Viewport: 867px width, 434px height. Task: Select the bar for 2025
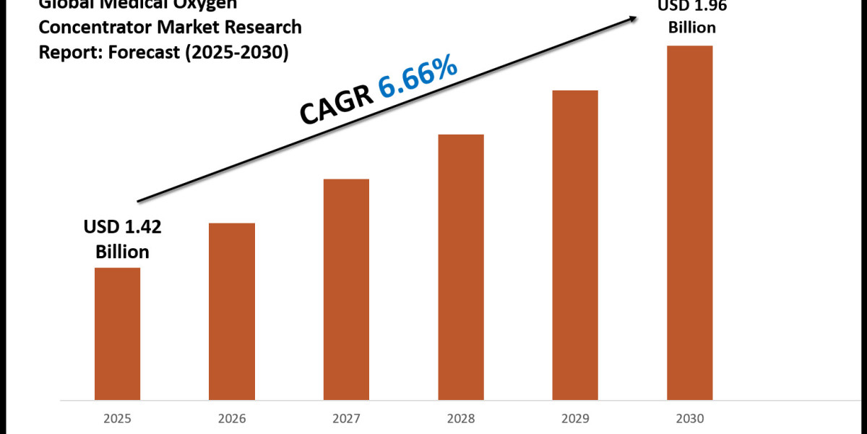pos(118,333)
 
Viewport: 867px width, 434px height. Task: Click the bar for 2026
pos(232,311)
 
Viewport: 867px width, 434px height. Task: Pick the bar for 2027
pos(346,289)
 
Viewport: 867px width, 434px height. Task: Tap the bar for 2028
pos(461,267)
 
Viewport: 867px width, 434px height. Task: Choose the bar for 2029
pos(575,245)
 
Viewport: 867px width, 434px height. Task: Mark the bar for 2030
pos(690,223)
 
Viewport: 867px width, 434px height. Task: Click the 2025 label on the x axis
pos(118,418)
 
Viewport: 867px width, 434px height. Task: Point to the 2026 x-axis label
pos(232,418)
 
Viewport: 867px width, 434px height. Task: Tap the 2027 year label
pos(346,418)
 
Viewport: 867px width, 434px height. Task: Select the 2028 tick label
pos(461,418)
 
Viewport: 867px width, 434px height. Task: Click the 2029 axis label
pos(575,418)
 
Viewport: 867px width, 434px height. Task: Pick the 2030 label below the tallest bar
pos(690,418)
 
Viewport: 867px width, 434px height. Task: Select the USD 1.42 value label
pos(122,228)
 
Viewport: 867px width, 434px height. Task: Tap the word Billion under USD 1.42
pos(121,252)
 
